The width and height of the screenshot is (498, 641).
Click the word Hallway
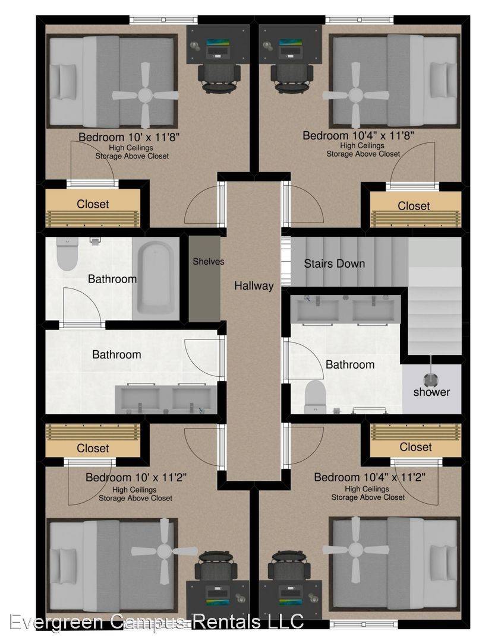[x=254, y=285]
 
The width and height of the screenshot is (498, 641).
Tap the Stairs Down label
[x=335, y=264]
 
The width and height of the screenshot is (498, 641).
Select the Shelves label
[x=208, y=261]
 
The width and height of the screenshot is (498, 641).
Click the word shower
[x=431, y=392]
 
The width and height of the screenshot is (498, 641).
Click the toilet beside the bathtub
[x=67, y=254]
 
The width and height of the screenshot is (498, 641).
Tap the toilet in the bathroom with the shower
[x=315, y=397]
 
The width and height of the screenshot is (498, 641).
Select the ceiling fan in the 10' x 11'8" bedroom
[x=145, y=96]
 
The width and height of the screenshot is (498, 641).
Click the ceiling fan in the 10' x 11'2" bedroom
[x=165, y=551]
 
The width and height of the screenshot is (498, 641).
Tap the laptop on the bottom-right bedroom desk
[x=291, y=597]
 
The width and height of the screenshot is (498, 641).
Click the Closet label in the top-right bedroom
[x=414, y=205]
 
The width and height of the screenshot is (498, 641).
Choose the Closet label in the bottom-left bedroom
[x=93, y=448]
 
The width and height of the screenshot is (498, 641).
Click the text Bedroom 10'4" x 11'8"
[x=358, y=135]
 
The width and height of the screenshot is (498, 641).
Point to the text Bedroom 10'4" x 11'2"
[x=370, y=477]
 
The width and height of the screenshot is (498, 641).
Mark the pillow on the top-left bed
[x=67, y=81]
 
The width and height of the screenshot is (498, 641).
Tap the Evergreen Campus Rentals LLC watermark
[x=156, y=622]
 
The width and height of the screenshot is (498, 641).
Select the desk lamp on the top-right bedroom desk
[x=268, y=45]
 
